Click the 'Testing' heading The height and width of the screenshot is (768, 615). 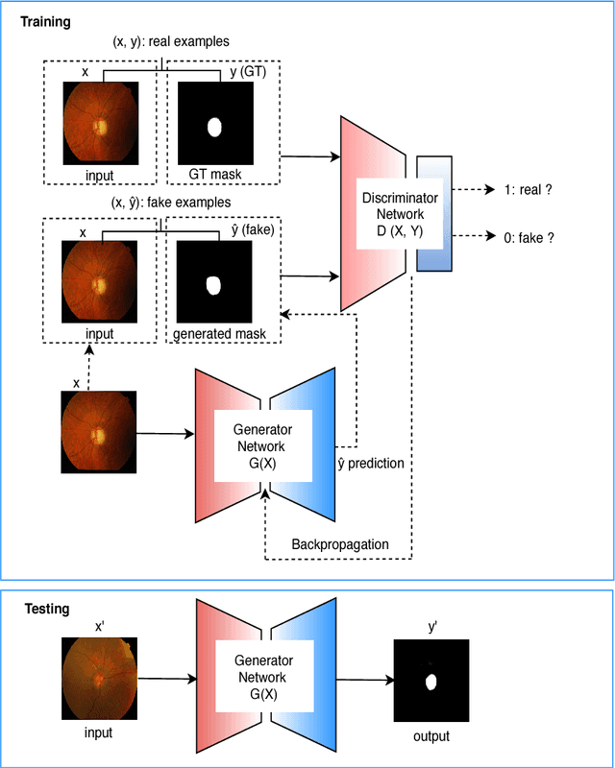click(44, 609)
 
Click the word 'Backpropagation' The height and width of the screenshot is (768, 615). click(340, 544)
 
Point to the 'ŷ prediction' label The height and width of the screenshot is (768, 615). click(369, 464)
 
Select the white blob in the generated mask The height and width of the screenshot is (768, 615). click(213, 285)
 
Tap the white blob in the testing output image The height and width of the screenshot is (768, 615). click(431, 683)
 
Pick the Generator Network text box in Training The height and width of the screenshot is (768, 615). click(262, 446)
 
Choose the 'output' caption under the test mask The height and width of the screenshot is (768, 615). click(431, 736)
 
